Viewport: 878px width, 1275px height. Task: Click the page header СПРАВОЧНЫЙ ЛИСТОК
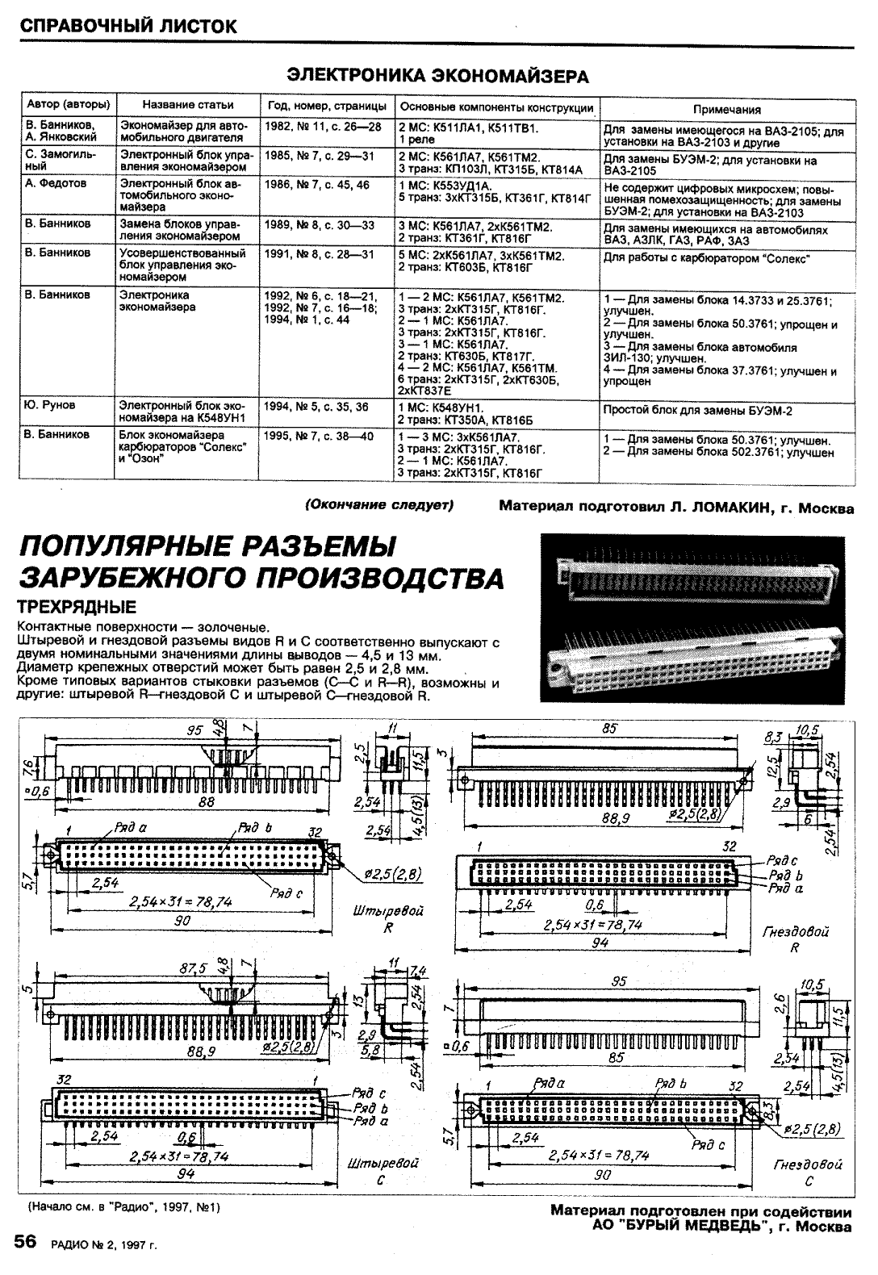[x=129, y=26]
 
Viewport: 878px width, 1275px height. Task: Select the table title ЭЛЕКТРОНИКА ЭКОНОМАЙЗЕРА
[x=438, y=77]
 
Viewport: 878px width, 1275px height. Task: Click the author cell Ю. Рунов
[x=52, y=406]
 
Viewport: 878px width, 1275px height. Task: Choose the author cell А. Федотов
[x=56, y=184]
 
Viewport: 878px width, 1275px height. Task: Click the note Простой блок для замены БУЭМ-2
[x=698, y=411]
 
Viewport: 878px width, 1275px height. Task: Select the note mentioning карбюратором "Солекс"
[x=706, y=258]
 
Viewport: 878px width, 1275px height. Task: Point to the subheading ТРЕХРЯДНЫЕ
[x=77, y=607]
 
